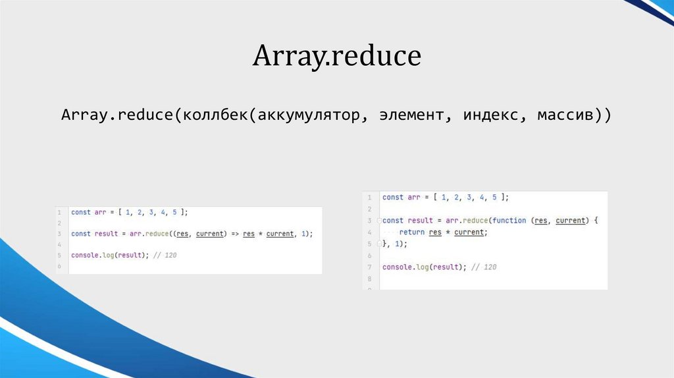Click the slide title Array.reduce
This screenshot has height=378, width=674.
tap(336, 56)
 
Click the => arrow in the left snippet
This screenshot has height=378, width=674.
tap(234, 234)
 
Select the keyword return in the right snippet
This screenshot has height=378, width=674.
tap(412, 232)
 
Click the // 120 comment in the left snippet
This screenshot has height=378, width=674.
tap(167, 256)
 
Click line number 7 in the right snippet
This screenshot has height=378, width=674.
tap(370, 267)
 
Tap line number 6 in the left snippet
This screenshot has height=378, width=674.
tap(59, 266)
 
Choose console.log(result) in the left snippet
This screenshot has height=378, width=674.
tap(107, 256)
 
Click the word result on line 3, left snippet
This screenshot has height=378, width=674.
tap(105, 234)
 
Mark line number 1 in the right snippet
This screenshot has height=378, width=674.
tap(370, 197)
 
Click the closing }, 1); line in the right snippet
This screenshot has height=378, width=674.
tap(395, 244)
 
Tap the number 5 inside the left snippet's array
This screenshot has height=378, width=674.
tap(175, 213)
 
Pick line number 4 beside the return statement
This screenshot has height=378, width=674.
tap(370, 232)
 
